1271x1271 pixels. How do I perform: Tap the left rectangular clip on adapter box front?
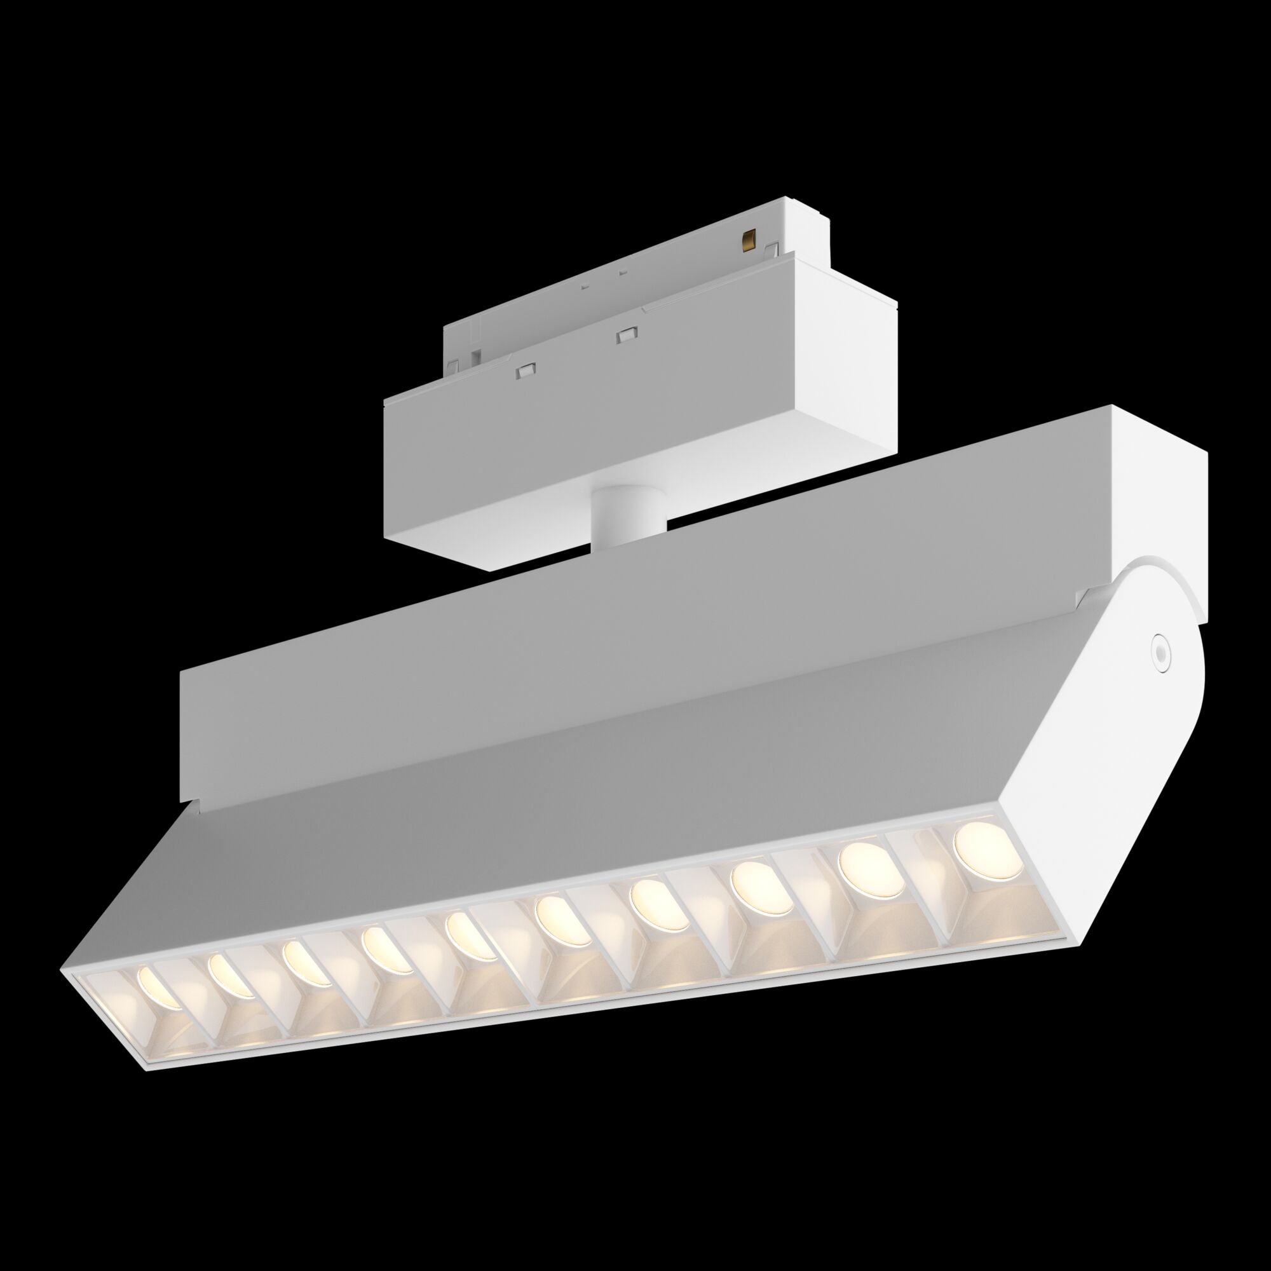(525, 372)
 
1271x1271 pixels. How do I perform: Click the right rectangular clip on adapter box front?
(622, 336)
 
